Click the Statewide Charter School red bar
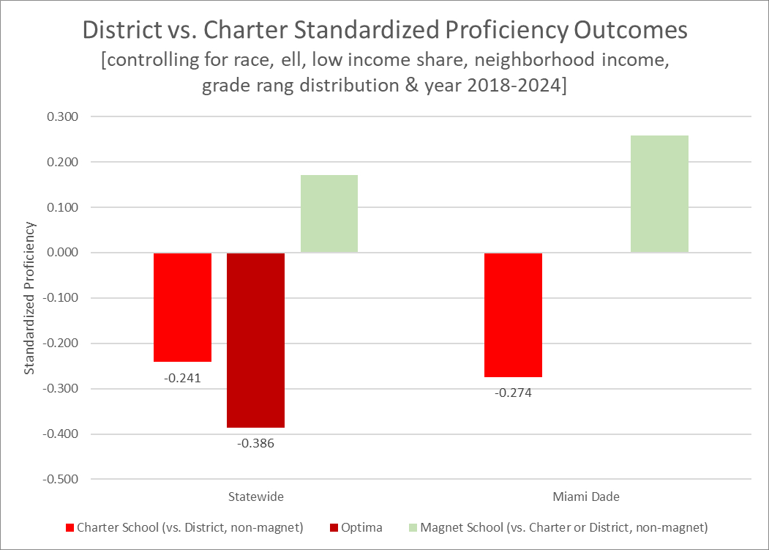click(182, 307)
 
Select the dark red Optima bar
click(255, 340)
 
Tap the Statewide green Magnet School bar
click(329, 214)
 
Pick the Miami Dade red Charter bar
click(513, 315)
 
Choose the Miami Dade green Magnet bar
click(659, 194)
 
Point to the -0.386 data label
click(255, 443)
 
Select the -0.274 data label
click(513, 393)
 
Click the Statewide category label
click(255, 497)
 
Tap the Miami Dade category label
click(585, 497)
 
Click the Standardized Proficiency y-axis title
click(30, 298)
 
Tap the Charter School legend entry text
click(190, 527)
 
